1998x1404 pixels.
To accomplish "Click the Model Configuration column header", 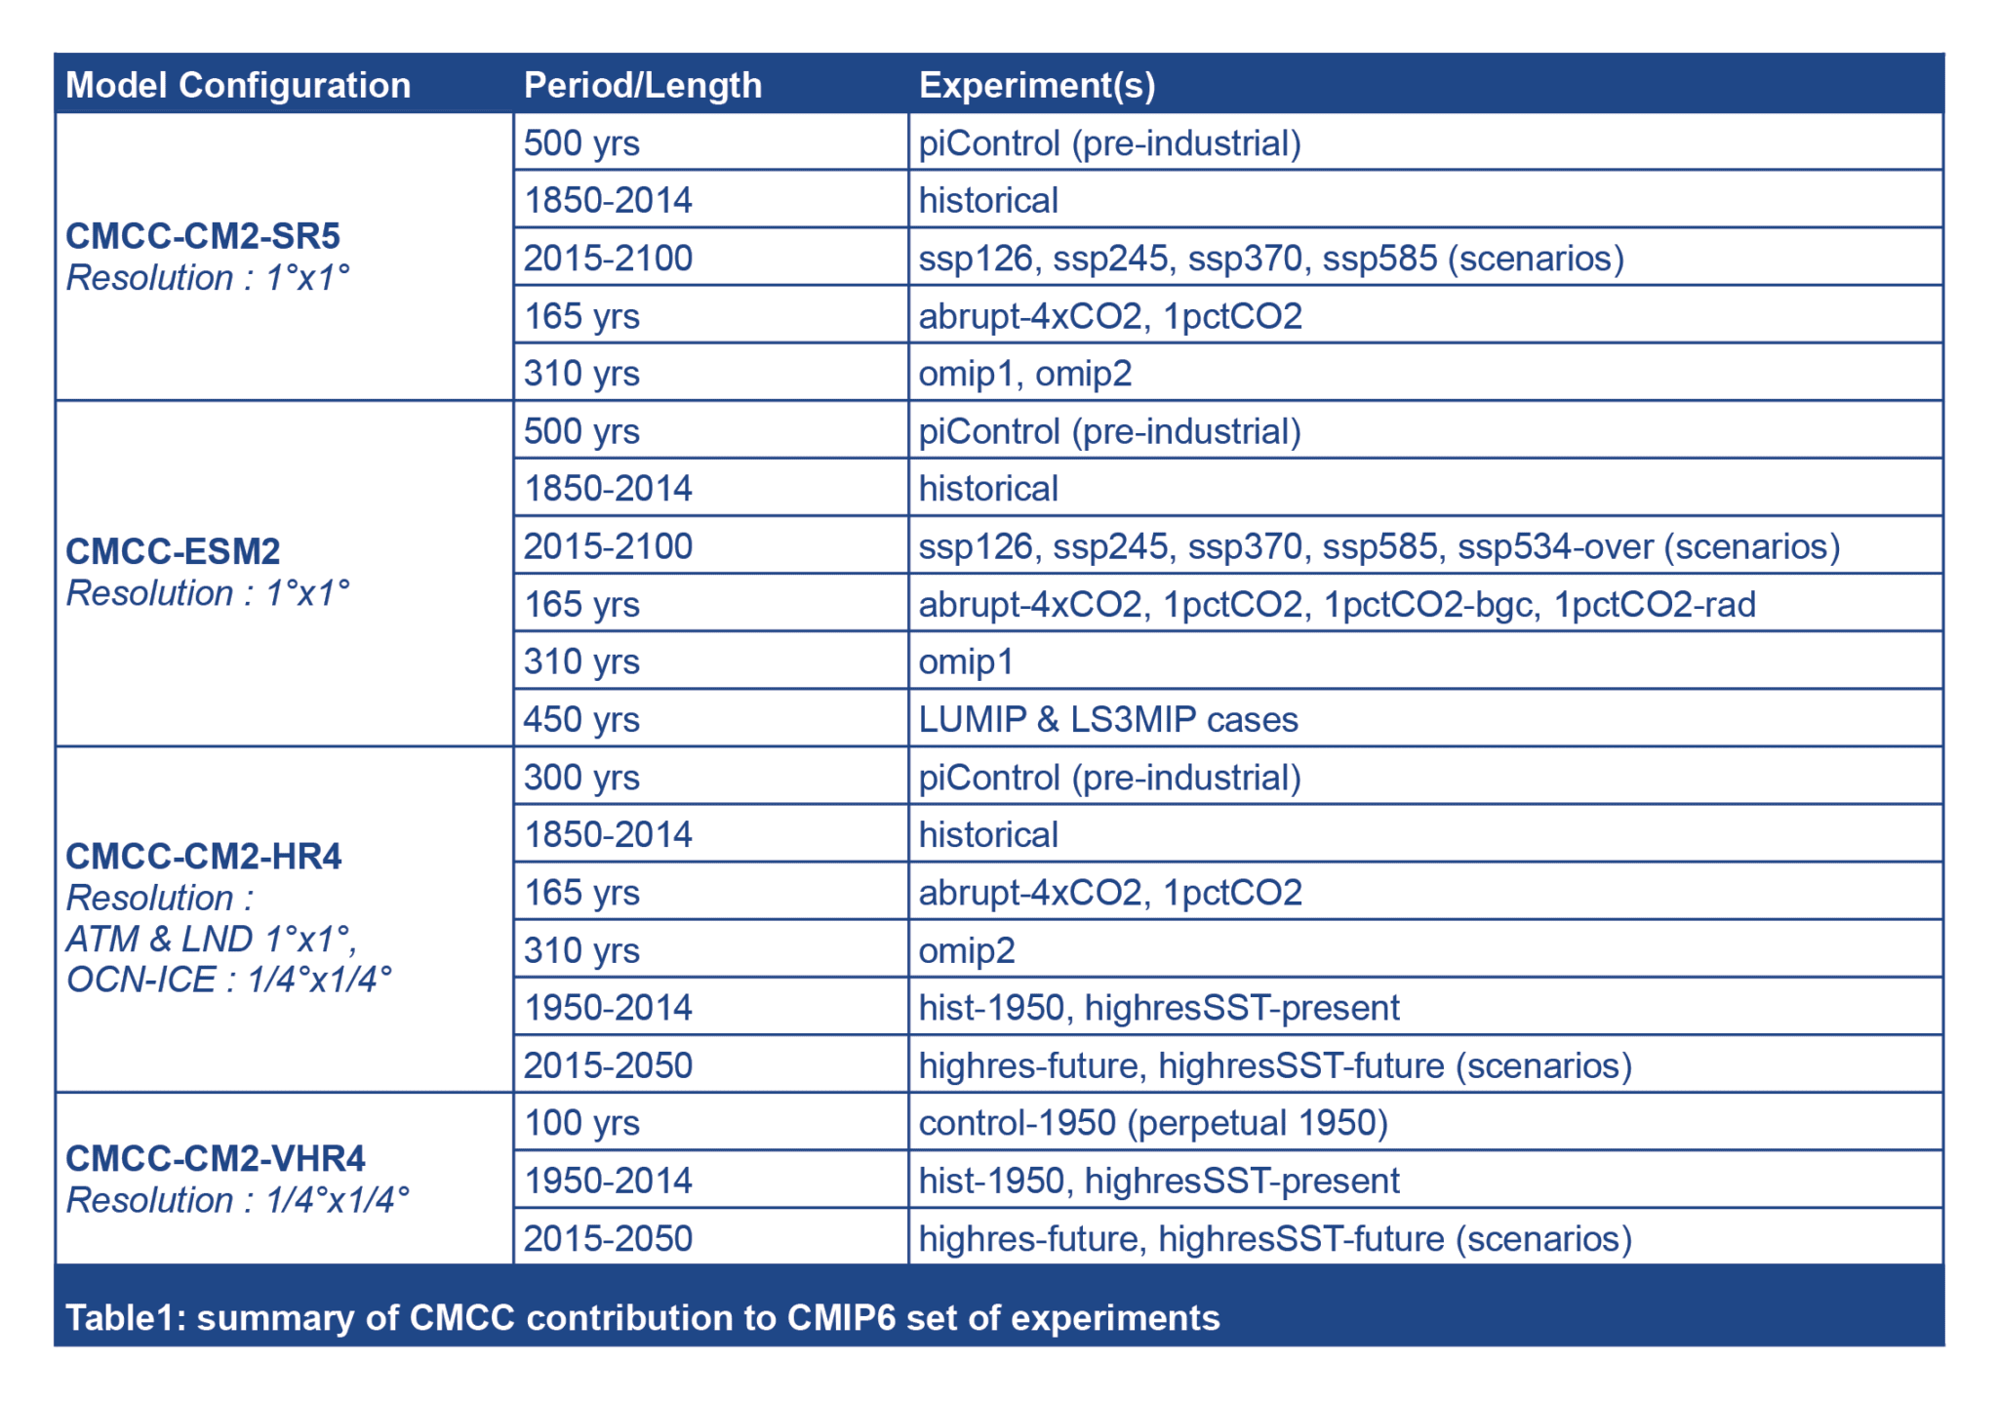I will pos(238,85).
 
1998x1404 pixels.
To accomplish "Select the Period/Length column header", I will pos(642,85).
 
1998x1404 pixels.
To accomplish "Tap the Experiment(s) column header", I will pos(1036,85).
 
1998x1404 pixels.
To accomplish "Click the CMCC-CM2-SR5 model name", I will pos(203,236).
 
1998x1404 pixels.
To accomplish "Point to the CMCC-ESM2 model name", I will pos(173,551).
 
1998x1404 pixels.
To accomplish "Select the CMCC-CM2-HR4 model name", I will pos(204,856).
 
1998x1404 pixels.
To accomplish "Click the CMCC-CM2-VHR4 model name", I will pos(216,1158).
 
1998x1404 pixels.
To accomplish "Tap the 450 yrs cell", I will pos(581,719).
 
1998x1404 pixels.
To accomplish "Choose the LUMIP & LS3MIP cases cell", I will pos(1108,719).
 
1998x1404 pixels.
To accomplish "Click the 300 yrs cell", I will pos(581,777).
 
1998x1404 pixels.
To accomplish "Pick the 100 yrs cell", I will pos(581,1122).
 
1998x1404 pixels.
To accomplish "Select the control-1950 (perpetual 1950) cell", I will pos(1153,1122).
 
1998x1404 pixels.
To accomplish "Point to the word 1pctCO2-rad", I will pos(1655,604).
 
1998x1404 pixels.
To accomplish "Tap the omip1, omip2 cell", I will pos(1024,374).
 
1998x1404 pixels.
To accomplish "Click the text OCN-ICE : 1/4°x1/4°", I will pos(228,980).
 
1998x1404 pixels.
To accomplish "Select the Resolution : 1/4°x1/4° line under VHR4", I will pos(237,1200).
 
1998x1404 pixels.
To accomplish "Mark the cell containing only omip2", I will pos(966,949).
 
